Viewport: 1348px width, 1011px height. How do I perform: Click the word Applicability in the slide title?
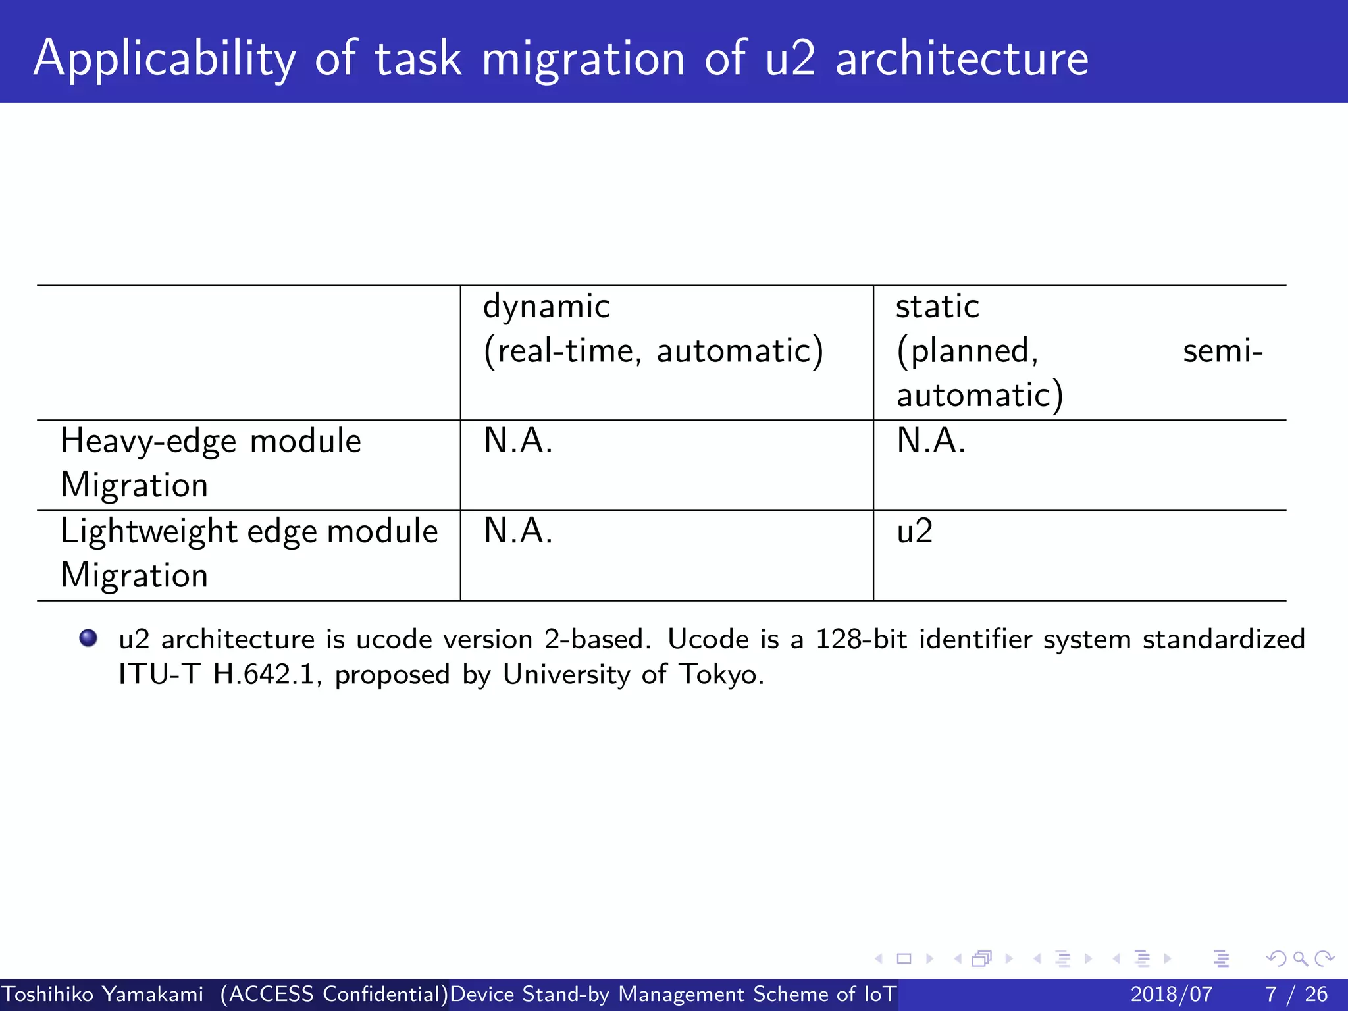pyautogui.click(x=165, y=59)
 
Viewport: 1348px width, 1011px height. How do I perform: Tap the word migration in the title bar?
pyautogui.click(x=583, y=59)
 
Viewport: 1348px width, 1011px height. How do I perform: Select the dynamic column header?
pyautogui.click(x=546, y=307)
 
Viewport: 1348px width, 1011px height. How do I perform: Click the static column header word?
pyautogui.click(x=937, y=307)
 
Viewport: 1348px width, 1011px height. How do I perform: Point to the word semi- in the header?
pyautogui.click(x=1222, y=351)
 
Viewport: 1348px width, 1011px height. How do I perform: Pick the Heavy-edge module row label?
pyautogui.click(x=211, y=441)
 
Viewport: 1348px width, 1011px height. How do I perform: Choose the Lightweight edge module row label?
pyautogui.click(x=249, y=531)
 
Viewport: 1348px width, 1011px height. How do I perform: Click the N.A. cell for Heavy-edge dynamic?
pyautogui.click(x=518, y=441)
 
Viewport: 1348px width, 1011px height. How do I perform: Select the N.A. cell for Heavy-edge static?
pyautogui.click(x=931, y=441)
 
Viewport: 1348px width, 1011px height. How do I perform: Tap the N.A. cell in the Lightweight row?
pyautogui.click(x=518, y=531)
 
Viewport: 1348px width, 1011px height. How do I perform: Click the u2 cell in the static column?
pyautogui.click(x=914, y=531)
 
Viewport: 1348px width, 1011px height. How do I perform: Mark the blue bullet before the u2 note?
pyautogui.click(x=88, y=638)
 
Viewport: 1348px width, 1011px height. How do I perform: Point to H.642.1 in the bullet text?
pyautogui.click(x=263, y=675)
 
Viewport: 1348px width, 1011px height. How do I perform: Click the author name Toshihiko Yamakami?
pyautogui.click(x=103, y=994)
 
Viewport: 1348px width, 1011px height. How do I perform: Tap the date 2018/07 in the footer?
pyautogui.click(x=1171, y=994)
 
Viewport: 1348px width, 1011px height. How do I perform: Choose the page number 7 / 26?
pyautogui.click(x=1296, y=994)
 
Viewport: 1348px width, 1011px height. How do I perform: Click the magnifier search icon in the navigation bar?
pyautogui.click(x=1300, y=959)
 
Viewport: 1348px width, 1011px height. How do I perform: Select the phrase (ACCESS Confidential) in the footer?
pyautogui.click(x=334, y=994)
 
